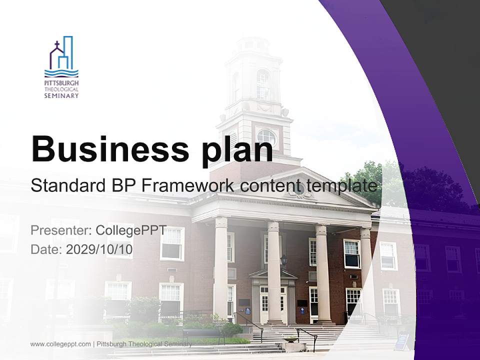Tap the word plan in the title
(237, 152)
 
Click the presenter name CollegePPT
(131, 230)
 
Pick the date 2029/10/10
(99, 249)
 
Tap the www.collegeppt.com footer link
(60, 344)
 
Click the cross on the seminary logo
(56, 45)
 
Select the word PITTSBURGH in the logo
(61, 83)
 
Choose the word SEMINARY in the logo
(61, 95)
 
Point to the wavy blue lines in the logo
(61, 73)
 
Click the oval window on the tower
(266, 137)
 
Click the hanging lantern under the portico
(284, 260)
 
